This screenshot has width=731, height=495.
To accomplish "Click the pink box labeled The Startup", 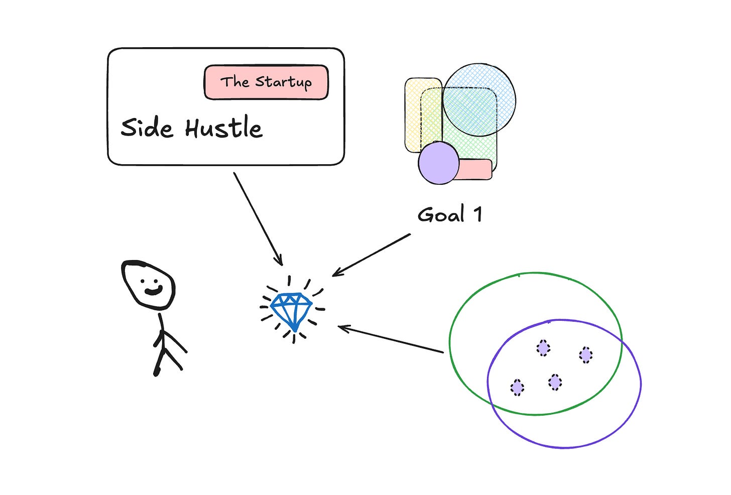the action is (266, 82).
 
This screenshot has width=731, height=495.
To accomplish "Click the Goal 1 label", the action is (450, 215).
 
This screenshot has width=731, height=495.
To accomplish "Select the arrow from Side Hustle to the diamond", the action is (258, 218).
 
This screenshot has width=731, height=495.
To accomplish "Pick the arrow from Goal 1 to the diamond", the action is (372, 255).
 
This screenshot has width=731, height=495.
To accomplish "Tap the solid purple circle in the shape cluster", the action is (438, 163).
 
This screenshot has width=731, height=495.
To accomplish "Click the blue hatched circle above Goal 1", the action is (479, 99).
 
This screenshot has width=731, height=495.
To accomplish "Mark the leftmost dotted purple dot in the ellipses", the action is (517, 388).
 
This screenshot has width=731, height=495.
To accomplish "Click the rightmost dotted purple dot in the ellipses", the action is (585, 355).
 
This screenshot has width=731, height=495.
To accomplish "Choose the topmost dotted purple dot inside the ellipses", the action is (543, 347).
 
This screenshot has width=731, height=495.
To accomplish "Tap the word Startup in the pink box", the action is (283, 82).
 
